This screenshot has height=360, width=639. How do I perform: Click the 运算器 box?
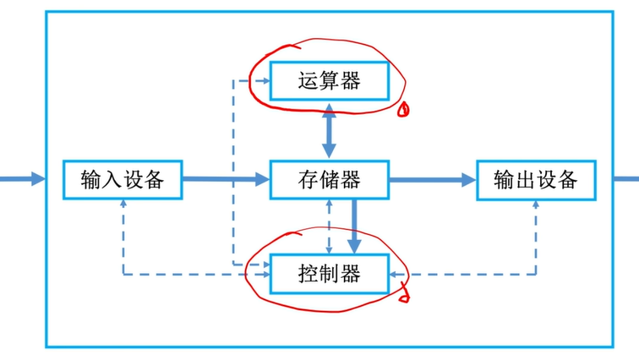click(329, 81)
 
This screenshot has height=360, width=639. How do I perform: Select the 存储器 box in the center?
click(329, 179)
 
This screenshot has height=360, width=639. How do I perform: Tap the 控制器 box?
click(329, 274)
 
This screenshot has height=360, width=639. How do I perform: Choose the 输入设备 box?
click(123, 179)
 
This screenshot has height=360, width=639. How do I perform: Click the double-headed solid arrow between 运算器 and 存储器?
click(328, 130)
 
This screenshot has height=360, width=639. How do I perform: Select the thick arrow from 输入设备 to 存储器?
click(225, 179)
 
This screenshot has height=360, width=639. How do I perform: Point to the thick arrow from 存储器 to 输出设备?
click(432, 179)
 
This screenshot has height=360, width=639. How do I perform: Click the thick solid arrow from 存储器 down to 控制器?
click(354, 225)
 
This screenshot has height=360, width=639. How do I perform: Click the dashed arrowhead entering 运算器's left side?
click(264, 81)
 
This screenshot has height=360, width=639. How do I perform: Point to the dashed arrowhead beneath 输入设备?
click(123, 205)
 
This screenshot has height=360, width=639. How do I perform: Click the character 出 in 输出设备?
click(524, 179)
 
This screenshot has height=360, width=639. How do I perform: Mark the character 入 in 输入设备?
click(112, 179)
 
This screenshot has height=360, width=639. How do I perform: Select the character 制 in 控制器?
click(329, 274)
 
